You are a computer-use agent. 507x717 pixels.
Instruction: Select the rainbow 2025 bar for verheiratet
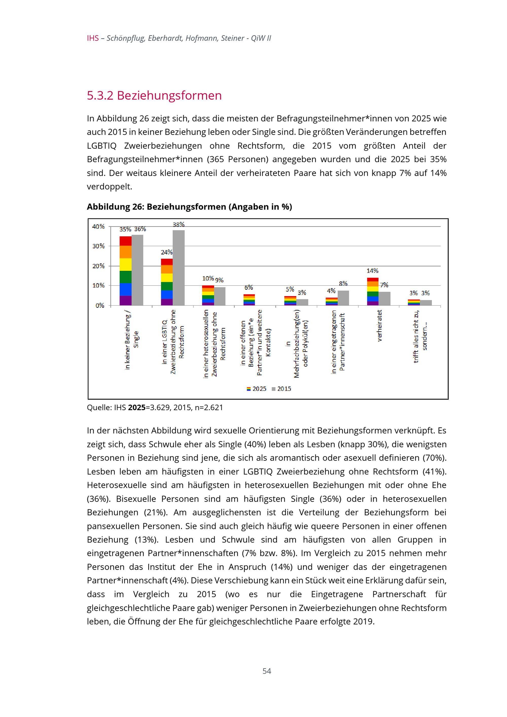point(373,291)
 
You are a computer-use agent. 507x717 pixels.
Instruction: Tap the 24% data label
point(167,252)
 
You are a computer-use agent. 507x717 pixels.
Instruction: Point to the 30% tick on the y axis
point(98,246)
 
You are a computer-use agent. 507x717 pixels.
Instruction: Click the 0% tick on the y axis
point(100,305)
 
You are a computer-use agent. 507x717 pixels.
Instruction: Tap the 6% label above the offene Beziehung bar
point(249,287)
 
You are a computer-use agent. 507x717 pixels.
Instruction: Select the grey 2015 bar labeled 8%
point(343,298)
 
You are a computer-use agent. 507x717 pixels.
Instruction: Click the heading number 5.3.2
point(100,96)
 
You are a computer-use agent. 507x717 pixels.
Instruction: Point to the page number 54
point(267,671)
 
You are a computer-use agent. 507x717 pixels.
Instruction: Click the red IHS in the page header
point(93,38)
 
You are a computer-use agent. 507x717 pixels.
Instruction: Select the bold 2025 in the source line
point(137,408)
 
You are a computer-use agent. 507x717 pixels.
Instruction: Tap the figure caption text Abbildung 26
point(114,207)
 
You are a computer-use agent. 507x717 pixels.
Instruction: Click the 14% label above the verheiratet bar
point(372,271)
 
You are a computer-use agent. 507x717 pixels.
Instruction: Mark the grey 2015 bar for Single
point(137,270)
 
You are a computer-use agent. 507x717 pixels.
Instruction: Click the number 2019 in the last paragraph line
point(363,621)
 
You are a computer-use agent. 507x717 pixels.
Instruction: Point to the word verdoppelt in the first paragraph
point(109,187)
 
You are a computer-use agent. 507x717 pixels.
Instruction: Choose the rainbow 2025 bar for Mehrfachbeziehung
point(290,301)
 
